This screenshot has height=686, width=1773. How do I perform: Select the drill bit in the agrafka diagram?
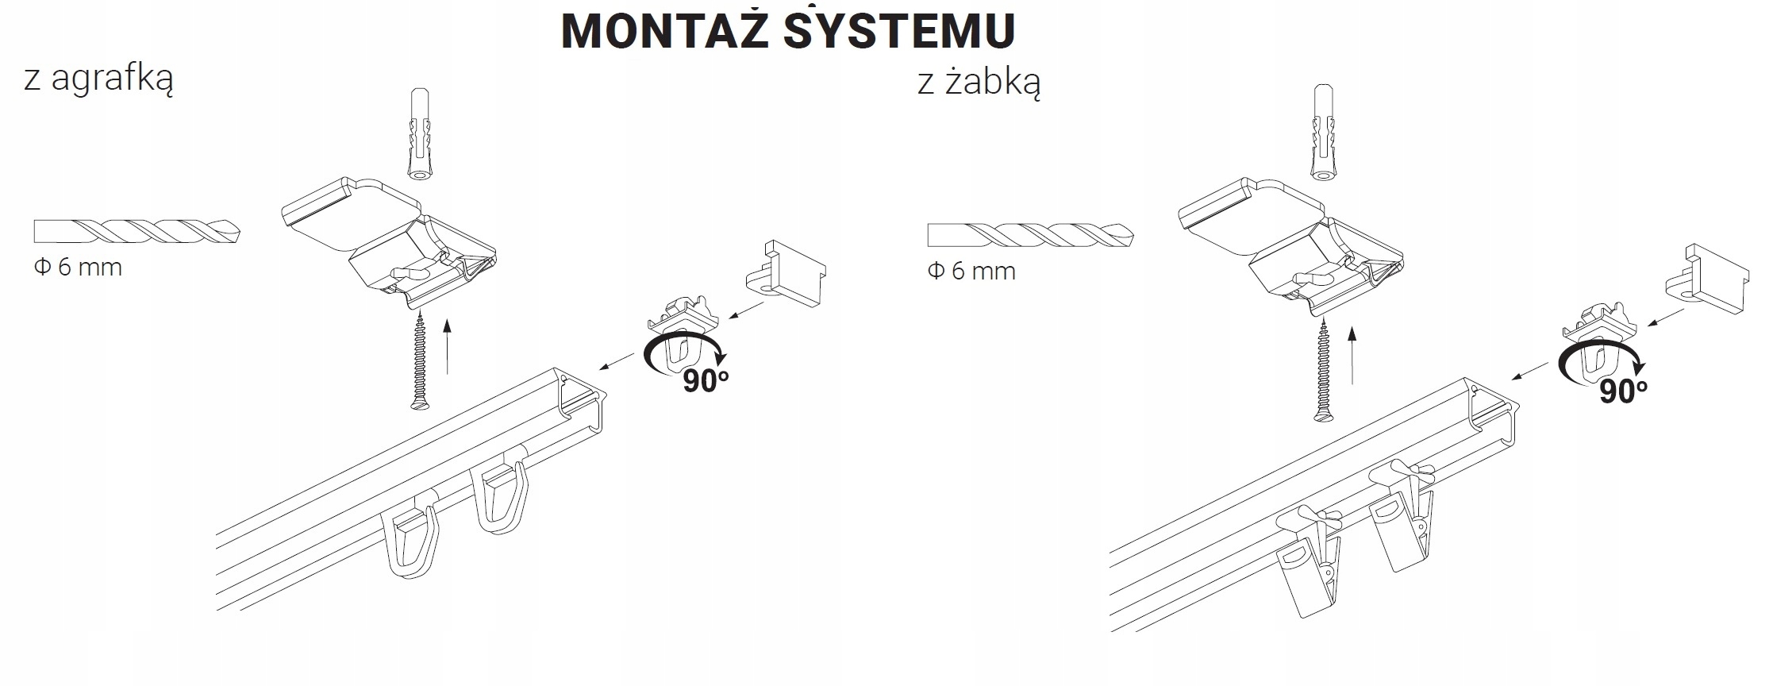[x=137, y=231]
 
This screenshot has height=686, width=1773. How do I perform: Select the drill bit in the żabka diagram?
[x=1030, y=235]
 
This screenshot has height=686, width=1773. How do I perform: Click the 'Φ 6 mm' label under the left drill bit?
[x=78, y=268]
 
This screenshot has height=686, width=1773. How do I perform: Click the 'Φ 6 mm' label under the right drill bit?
[x=971, y=272]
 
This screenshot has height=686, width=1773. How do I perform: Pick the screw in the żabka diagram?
[x=1321, y=369]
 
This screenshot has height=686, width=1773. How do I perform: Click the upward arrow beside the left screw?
[x=448, y=346]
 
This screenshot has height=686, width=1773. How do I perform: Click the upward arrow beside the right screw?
[x=1351, y=354]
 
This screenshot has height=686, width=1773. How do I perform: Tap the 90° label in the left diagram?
[x=705, y=381]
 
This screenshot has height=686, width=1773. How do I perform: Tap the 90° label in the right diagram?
[x=1622, y=391]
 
